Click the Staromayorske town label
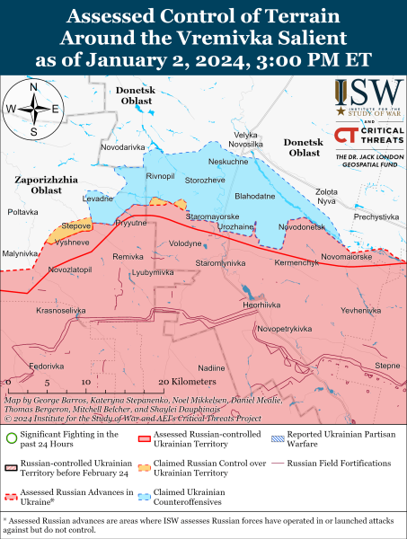pos(212,216)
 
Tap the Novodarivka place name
pos(122,146)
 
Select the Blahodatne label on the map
pos(254,195)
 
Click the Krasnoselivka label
pos(61,310)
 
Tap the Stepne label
pos(387,366)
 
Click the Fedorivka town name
pos(47,366)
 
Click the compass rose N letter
pos(33,88)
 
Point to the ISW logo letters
pos(370,93)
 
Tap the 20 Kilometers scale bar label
pos(180,382)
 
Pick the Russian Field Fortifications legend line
pos(280,464)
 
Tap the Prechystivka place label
pos(376,216)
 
